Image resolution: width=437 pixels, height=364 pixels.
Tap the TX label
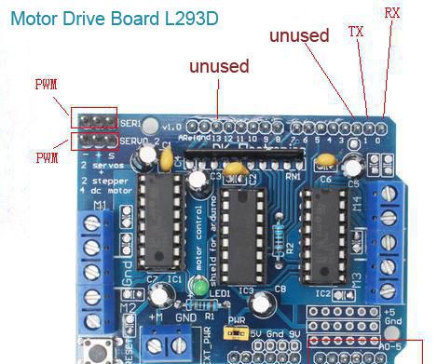(x=356, y=31)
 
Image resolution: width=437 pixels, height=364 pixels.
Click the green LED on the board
(x=200, y=290)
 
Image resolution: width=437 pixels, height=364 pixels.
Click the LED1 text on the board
(x=220, y=292)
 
